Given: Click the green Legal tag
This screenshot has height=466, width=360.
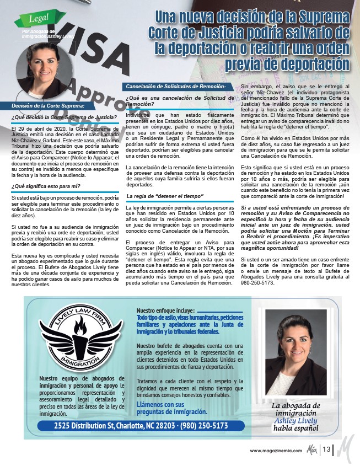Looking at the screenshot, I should click(37, 21).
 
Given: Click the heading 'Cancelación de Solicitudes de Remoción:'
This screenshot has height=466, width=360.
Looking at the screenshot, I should click(176, 87).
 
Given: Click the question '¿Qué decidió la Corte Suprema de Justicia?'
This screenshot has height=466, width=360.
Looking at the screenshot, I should click(64, 117).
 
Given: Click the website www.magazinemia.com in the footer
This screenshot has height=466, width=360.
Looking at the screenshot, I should click(276, 451).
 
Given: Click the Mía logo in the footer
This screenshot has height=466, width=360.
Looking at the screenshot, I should click(311, 449).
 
